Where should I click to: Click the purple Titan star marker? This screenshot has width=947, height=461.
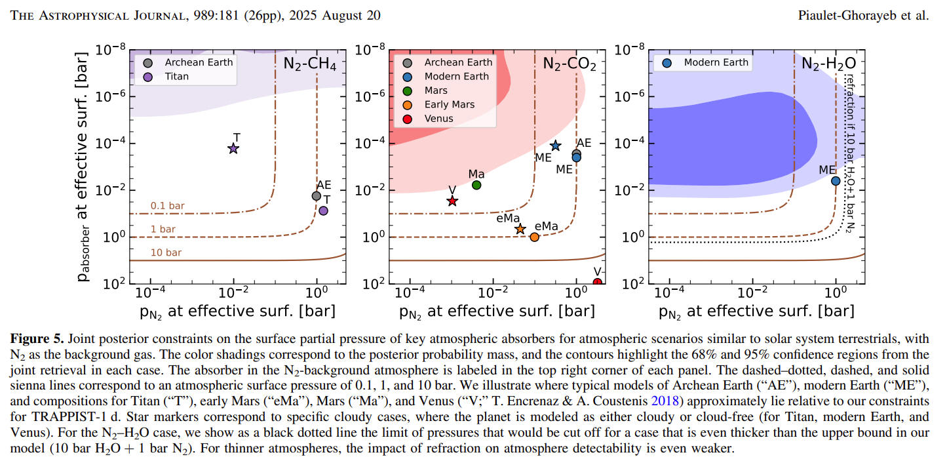(233, 149)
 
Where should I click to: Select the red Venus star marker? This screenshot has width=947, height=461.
(452, 201)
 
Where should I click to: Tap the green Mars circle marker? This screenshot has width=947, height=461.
(476, 185)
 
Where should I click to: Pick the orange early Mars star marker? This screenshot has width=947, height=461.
(520, 229)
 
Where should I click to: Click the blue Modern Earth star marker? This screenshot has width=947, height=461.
(556, 146)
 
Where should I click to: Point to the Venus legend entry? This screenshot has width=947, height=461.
(439, 119)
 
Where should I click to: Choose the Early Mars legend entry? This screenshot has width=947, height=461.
(449, 104)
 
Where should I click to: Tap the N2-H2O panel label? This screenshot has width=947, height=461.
(829, 64)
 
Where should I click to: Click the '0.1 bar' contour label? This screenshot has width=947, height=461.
(168, 206)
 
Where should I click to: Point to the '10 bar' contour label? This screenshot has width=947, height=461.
(165, 252)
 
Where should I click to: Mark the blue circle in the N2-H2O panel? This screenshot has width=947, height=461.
(836, 181)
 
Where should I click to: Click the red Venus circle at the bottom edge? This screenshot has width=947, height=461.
(597, 283)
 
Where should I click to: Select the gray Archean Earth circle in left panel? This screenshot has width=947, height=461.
(317, 195)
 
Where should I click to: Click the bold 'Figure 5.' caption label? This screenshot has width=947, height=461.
(37, 338)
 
